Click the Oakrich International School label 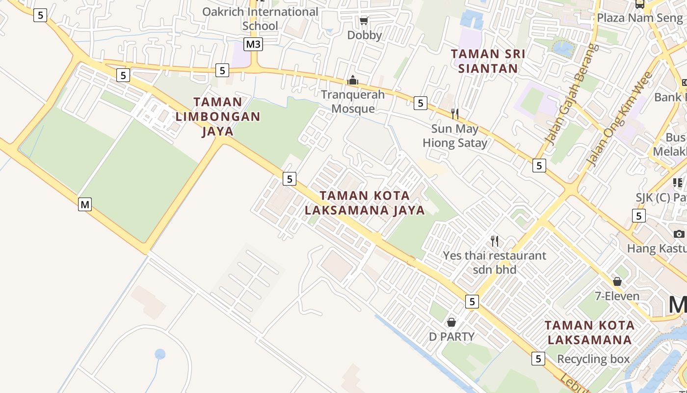(x=260, y=19)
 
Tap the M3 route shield (x=253, y=44)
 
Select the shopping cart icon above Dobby (x=364, y=21)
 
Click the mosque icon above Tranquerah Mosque (x=352, y=80)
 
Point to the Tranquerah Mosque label (x=353, y=101)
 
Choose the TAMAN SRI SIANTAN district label (x=488, y=61)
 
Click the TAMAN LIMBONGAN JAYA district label (x=217, y=116)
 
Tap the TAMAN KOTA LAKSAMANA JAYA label (x=364, y=203)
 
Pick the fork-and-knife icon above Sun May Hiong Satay (x=455, y=114)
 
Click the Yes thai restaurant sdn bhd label (x=495, y=262)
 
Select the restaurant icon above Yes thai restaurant (x=495, y=241)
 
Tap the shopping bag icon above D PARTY (x=451, y=322)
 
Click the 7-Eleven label (x=617, y=296)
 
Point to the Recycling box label (x=593, y=359)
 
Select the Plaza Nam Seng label (x=639, y=18)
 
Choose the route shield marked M (x=85, y=204)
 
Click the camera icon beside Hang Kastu (x=679, y=234)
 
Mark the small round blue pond (x=160, y=354)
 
